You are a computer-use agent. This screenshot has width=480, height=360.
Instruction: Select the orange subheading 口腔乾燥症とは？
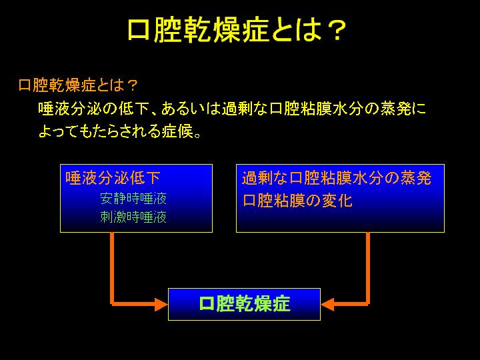point(78,85)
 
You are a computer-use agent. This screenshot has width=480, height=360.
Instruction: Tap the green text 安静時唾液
point(133,199)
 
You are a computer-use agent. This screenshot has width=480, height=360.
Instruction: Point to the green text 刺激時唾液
point(133,217)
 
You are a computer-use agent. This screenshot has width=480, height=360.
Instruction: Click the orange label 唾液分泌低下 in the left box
point(113,177)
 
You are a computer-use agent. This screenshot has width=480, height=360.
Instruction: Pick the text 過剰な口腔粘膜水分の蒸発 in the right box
point(337,177)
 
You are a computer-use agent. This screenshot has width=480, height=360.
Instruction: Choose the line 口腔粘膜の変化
point(297,201)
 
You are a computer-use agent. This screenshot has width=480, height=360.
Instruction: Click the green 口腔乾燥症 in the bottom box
point(245,303)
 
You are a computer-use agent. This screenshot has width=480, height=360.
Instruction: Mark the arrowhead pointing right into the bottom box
point(161,304)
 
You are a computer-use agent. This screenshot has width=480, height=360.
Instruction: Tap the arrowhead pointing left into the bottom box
point(327,304)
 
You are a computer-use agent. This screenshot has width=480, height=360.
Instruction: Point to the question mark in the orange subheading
point(133,85)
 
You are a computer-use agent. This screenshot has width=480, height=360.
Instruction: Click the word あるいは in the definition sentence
point(191,109)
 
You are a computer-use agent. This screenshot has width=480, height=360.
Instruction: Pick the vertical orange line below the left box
point(112,269)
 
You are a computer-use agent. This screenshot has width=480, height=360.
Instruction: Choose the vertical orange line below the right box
point(368,269)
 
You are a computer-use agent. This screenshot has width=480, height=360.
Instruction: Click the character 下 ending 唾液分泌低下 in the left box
point(153,177)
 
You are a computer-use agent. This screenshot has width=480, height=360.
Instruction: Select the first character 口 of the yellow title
point(139,30)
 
